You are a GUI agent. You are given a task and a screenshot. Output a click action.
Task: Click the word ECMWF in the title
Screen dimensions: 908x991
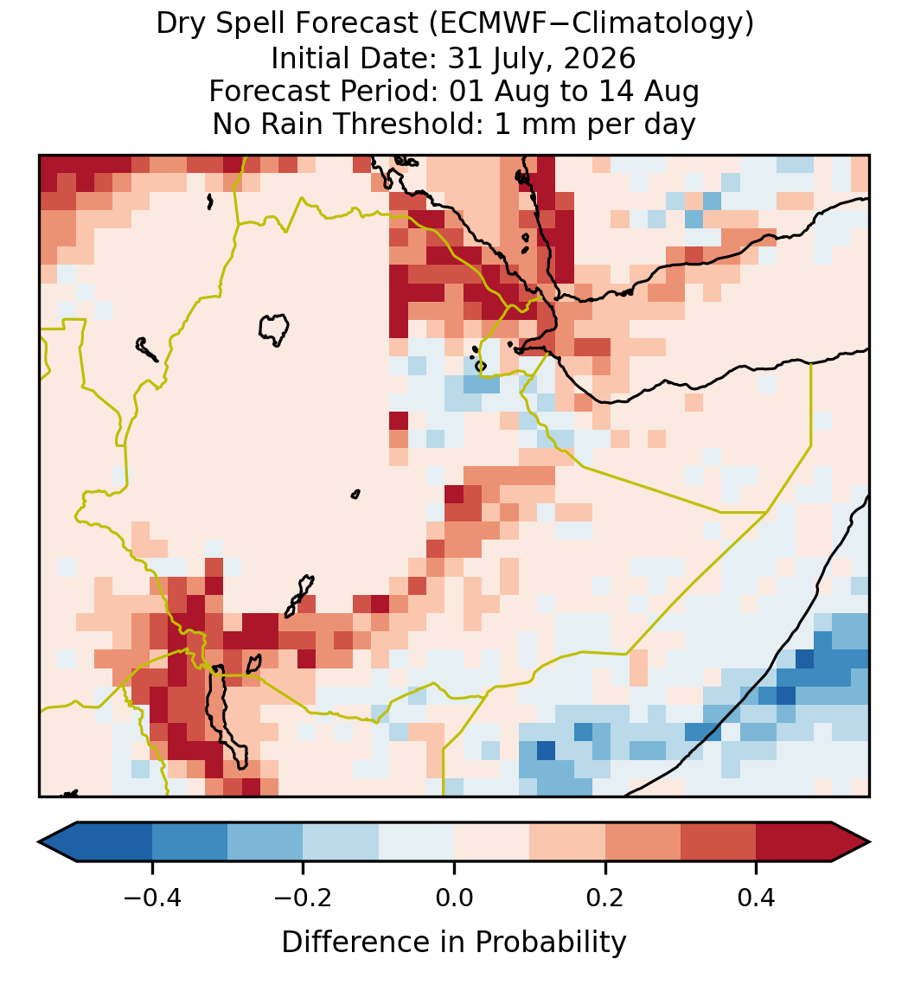[x=483, y=24]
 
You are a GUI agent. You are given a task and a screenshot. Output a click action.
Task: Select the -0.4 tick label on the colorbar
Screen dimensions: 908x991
[x=152, y=897]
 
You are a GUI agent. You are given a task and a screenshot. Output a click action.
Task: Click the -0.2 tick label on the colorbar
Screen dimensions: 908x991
[x=304, y=897]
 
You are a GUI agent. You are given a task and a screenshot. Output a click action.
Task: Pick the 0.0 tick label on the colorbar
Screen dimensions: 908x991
[x=454, y=897]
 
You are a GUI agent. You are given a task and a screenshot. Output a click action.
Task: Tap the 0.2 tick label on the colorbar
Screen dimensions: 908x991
[x=605, y=897]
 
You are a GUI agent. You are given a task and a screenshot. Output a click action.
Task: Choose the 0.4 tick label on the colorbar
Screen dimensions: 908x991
[x=757, y=897]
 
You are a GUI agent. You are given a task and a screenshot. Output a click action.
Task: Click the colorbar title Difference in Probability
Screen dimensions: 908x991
[x=454, y=942]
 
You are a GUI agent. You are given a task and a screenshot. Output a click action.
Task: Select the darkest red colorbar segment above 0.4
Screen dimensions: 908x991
[x=794, y=842]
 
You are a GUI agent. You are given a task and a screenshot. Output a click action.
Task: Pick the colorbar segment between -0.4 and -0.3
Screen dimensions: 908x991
[x=189, y=842]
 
